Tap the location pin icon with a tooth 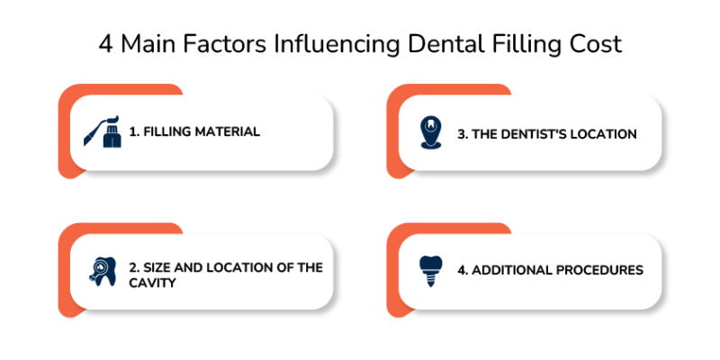tap(432, 132)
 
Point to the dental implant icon tap(432, 269)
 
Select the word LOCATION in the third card tap(605, 134)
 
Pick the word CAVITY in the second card tap(151, 283)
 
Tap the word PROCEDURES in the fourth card tap(599, 269)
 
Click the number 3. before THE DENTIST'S tap(463, 134)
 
